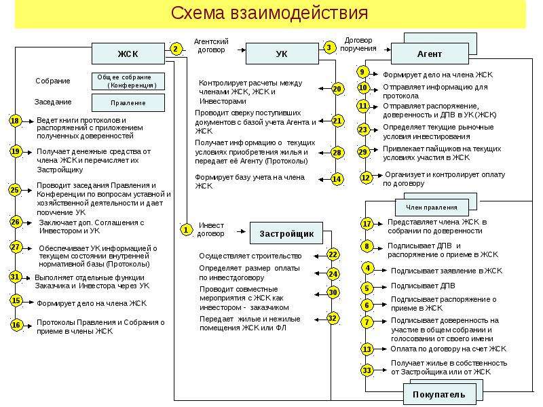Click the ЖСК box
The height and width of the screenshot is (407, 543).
(128, 54)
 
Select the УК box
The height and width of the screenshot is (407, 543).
(282, 54)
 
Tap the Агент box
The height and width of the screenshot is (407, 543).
(430, 54)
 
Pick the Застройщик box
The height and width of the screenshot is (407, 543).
(286, 233)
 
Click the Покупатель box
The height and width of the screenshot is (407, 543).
(439, 394)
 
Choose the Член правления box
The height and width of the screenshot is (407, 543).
(432, 208)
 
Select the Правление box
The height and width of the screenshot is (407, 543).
(128, 103)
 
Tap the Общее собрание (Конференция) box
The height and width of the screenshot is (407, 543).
(128, 81)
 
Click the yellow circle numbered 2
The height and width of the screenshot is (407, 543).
(176, 49)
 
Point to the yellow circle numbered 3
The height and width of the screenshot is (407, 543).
(329, 47)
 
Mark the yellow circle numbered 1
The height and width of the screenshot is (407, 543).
(186, 230)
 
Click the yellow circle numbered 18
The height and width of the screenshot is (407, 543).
(15, 121)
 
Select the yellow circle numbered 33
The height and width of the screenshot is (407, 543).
(367, 370)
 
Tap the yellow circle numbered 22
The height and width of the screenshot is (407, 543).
(333, 255)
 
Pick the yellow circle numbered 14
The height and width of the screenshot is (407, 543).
(337, 179)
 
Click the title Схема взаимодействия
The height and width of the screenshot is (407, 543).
(269, 13)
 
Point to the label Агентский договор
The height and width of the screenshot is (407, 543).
(211, 45)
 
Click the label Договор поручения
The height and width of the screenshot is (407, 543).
(358, 44)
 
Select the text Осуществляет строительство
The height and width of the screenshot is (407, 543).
(250, 256)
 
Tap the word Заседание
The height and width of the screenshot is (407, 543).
(53, 102)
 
